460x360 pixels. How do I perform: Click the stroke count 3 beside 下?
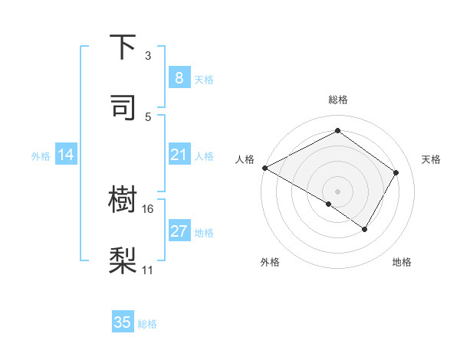point(148,56)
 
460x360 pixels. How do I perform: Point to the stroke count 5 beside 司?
point(148,116)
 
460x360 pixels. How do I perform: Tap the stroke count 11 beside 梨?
point(148,270)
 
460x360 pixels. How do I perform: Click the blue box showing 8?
point(179,77)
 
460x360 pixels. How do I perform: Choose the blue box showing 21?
point(179,155)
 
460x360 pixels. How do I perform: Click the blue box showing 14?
point(66,155)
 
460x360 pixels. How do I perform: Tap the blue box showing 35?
point(123,322)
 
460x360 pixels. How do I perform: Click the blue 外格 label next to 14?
point(41,156)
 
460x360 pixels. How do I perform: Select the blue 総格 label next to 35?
point(147,324)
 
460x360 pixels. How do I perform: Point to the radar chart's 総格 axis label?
point(337,100)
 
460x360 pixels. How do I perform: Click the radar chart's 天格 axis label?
point(431,159)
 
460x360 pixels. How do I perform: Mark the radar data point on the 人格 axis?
point(264,168)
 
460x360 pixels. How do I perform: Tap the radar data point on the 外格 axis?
point(329,204)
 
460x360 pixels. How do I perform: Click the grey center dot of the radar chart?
point(337,191)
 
